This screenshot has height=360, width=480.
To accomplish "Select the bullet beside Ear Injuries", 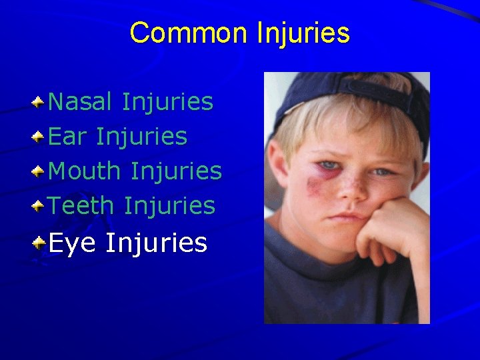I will pos(39,137).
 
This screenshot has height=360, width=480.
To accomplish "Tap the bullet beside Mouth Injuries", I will pos(39,171).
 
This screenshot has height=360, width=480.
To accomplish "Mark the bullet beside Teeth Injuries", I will pos(39,206).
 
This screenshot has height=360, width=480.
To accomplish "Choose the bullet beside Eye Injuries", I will pos(39,243).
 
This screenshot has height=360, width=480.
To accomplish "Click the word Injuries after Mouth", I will pos(176,171).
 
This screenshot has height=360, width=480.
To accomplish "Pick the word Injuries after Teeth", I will pos(169,206).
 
